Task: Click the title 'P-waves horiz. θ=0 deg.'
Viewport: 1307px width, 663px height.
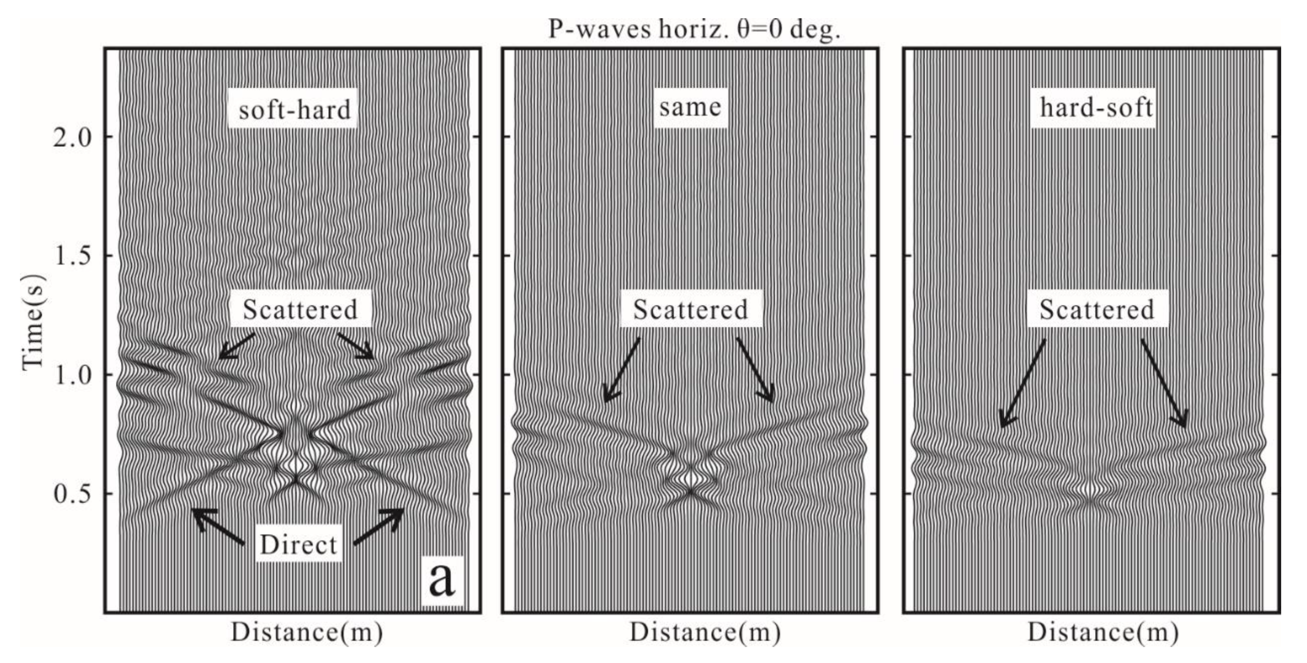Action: coord(694,29)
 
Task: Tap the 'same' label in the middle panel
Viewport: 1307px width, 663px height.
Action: coord(690,107)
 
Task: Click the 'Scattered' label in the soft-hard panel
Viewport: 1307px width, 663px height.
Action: coord(300,309)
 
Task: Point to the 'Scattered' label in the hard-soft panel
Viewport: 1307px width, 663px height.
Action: coord(1097,309)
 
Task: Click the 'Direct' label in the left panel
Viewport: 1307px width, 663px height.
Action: coord(298,545)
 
